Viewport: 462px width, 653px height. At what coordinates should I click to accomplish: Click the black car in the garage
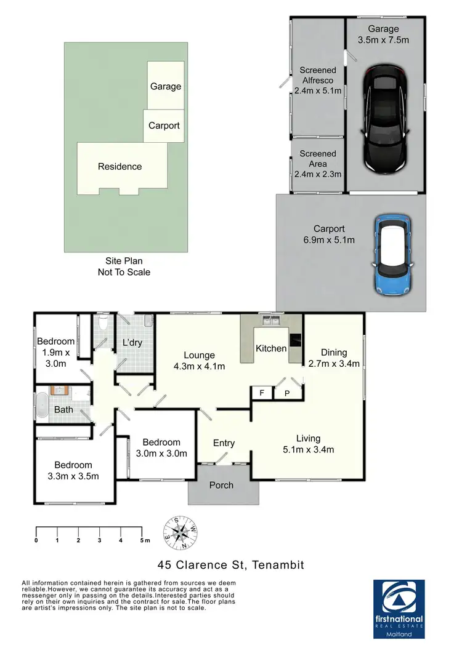(x=384, y=119)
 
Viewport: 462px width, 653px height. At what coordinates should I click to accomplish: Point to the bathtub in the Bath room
(x=42, y=407)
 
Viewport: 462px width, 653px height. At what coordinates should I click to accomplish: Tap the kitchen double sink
(x=270, y=321)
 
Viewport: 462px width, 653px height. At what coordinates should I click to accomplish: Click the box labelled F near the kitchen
(x=262, y=393)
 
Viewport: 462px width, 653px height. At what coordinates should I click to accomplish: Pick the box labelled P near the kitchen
(x=286, y=393)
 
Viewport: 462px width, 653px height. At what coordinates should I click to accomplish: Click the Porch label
(x=221, y=485)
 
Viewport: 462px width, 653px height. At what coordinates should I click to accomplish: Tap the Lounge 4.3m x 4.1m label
(x=198, y=361)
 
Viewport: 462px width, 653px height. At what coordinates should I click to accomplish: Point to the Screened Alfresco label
(x=318, y=81)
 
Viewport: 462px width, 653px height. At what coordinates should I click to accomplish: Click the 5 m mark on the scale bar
(x=142, y=540)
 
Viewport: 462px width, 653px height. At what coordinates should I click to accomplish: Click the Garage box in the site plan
(x=165, y=86)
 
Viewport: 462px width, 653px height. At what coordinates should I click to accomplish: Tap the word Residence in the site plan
(x=120, y=166)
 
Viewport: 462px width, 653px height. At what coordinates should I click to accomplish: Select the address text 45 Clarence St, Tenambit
(x=230, y=564)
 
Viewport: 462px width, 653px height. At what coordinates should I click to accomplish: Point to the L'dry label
(x=132, y=342)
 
